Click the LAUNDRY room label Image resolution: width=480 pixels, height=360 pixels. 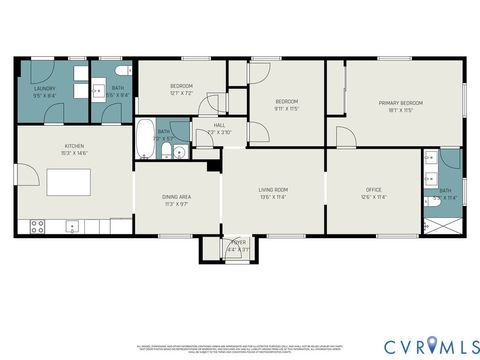tap(44, 88)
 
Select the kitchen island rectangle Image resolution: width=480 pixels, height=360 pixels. tap(63, 184)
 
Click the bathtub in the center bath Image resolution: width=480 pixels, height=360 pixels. tap(145, 140)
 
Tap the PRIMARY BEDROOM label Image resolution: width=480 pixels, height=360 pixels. tap(400, 103)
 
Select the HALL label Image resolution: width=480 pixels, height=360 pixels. tap(219, 125)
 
